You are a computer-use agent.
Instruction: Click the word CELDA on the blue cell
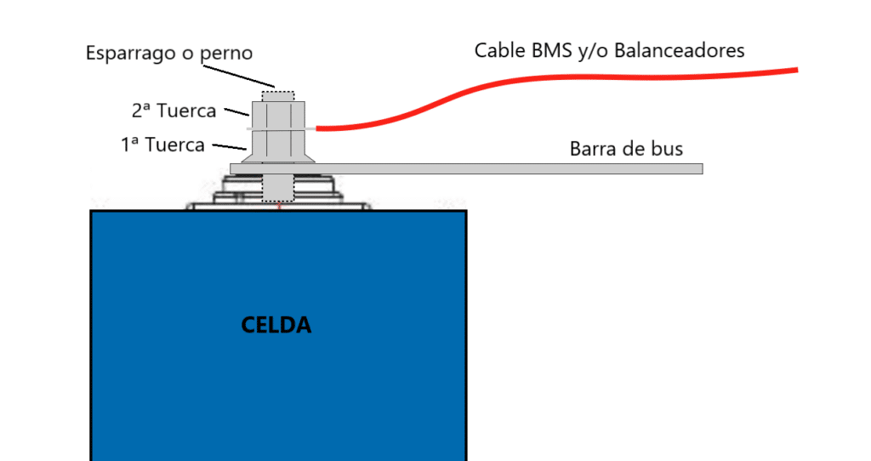[x=276, y=325]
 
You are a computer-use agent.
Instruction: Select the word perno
[x=225, y=53]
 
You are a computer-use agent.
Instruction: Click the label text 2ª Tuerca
[x=174, y=111]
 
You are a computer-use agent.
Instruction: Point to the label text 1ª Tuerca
[x=162, y=145]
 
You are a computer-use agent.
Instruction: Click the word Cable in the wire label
[x=499, y=50]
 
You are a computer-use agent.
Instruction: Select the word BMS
[x=561, y=50]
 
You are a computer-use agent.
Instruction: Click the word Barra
[x=594, y=149]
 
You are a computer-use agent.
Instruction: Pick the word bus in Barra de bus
[x=666, y=149]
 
